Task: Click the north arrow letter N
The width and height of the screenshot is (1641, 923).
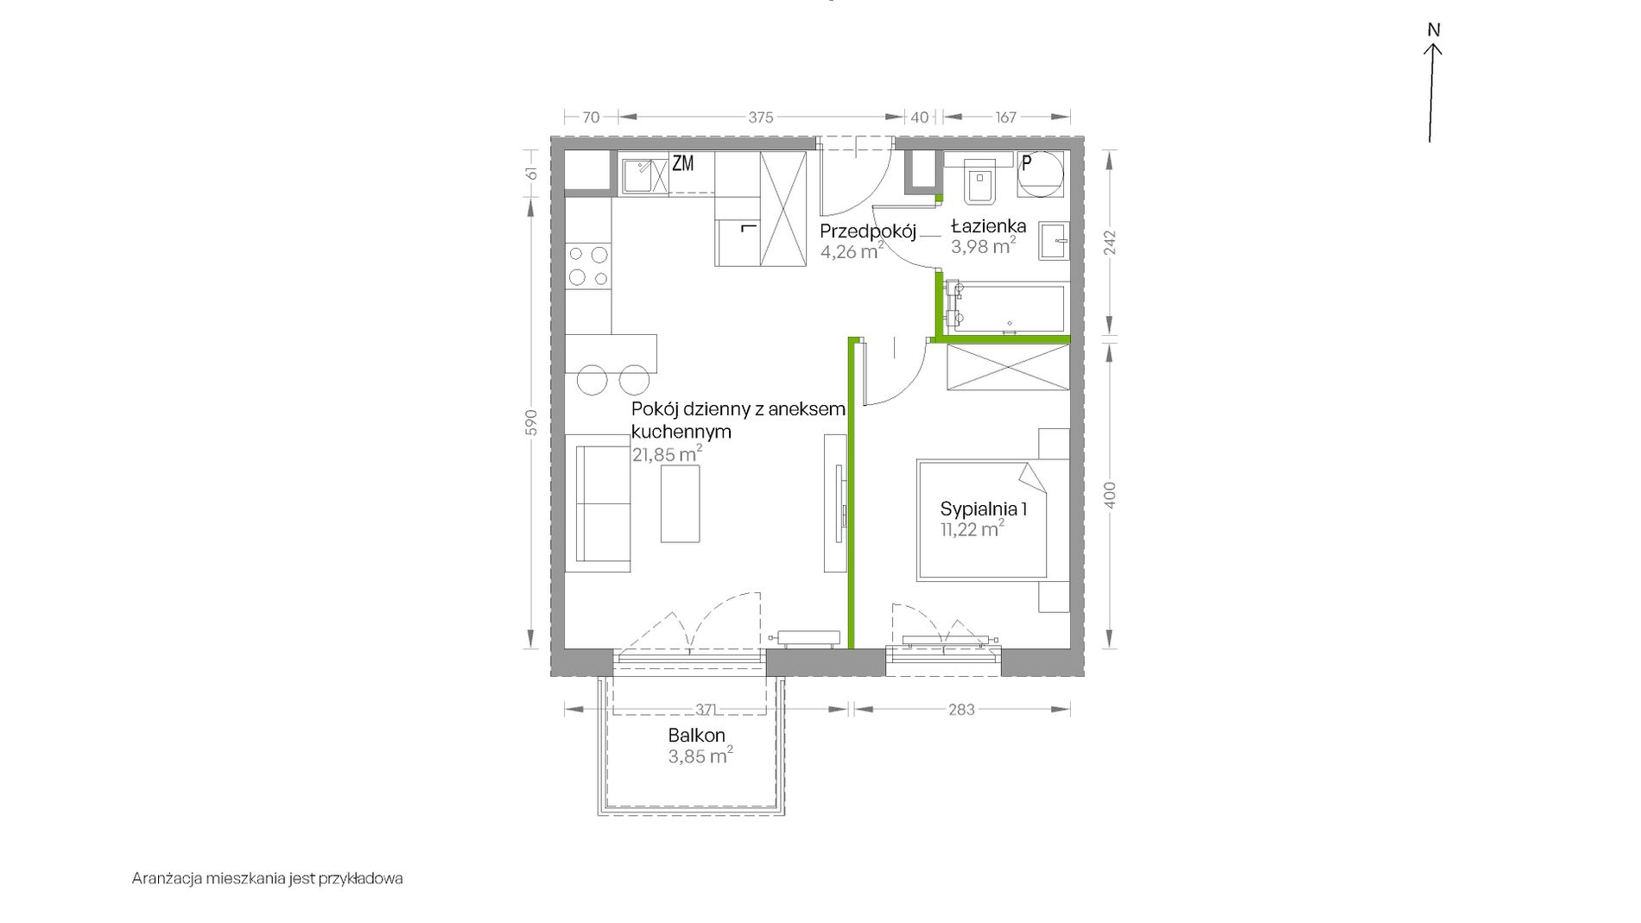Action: tap(1434, 30)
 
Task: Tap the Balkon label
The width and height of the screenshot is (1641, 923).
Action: tap(696, 736)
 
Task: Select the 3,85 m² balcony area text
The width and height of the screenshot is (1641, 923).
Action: tap(700, 756)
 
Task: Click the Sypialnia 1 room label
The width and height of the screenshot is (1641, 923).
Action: tap(983, 509)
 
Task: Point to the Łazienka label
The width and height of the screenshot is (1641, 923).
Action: tap(988, 226)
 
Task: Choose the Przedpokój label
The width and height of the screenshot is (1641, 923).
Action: tap(867, 231)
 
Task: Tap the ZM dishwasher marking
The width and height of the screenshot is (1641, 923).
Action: tap(682, 163)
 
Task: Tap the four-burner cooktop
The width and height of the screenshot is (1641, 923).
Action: tap(588, 265)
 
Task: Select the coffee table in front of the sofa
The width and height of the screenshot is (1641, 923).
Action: tap(680, 503)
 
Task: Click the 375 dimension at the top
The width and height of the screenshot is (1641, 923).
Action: tap(761, 117)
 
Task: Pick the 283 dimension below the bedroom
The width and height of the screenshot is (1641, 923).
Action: tap(961, 710)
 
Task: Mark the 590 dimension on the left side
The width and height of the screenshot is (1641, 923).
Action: tap(531, 422)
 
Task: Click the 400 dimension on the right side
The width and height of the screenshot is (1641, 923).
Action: tap(1111, 495)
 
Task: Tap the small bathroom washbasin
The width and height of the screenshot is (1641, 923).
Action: tap(1055, 239)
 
